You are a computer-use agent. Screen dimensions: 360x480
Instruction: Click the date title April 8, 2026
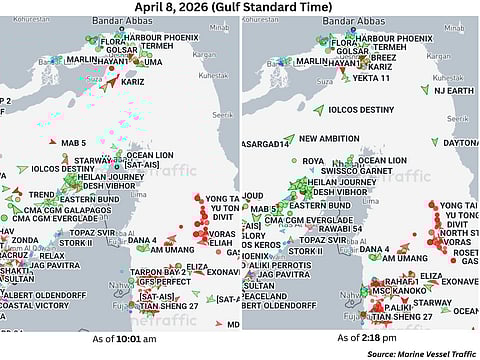click(240, 9)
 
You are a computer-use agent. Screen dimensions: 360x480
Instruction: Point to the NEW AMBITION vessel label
click(329, 139)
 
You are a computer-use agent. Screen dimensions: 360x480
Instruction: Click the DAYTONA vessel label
click(458, 142)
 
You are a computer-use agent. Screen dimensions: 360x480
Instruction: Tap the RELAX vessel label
click(51, 255)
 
